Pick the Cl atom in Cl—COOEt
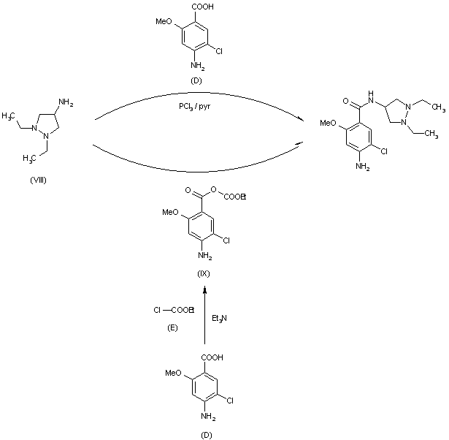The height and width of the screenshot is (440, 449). point(158,311)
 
